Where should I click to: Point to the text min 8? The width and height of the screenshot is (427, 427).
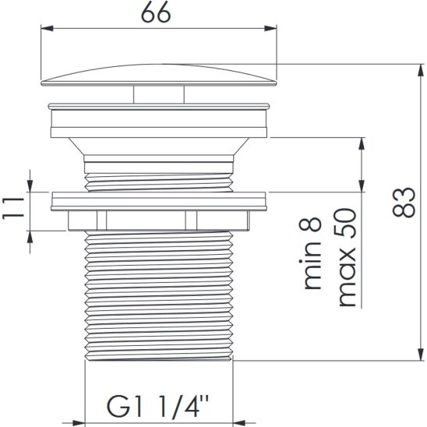coord(312,254)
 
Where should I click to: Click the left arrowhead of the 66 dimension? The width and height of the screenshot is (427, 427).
coord(44,30)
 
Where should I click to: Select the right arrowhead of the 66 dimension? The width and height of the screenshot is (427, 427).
coord(272,30)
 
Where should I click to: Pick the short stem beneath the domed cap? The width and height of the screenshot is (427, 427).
coord(160,94)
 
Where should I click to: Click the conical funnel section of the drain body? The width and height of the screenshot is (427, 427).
coord(160,143)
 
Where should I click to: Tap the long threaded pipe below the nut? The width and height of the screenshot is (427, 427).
coord(160,296)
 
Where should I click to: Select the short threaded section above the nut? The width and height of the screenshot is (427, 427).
coord(160,173)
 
